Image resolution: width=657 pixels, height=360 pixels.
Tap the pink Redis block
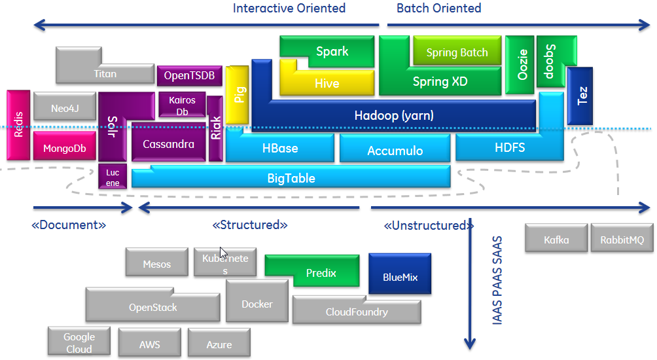coord(18,124)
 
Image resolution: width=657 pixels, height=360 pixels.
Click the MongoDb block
coord(64,148)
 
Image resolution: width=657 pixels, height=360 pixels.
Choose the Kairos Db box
coord(182,106)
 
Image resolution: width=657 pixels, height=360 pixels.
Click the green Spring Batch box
coord(457,52)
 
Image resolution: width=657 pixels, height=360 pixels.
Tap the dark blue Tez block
coord(582,96)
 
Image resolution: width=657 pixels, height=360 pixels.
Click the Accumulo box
coord(395,151)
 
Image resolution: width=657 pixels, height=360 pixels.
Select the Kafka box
coord(556,240)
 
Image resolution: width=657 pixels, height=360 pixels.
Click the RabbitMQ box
coord(622,240)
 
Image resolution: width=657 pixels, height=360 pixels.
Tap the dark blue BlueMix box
coord(400,277)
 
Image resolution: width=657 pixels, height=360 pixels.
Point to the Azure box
coord(219,344)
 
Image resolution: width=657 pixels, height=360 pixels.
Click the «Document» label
coord(69,225)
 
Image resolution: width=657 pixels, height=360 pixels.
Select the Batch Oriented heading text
coord(438,9)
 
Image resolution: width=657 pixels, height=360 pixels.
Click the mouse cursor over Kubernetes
coord(223,253)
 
